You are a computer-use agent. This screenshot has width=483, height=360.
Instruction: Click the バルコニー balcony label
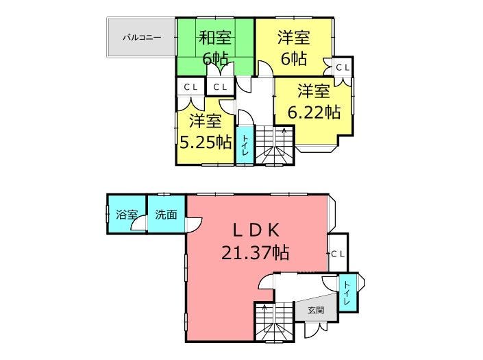pyautogui.click(x=142, y=38)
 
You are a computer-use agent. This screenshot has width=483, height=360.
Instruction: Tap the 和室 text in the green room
pyautogui.click(x=215, y=37)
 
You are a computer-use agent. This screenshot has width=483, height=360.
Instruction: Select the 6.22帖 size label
pyautogui.click(x=314, y=112)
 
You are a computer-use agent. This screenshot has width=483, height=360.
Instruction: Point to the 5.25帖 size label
pyautogui.click(x=206, y=142)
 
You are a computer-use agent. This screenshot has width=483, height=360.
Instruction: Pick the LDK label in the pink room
pyautogui.click(x=256, y=230)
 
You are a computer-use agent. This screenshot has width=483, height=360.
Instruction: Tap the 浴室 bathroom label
pyautogui.click(x=127, y=215)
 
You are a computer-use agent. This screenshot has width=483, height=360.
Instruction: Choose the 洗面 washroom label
pyautogui.click(x=166, y=215)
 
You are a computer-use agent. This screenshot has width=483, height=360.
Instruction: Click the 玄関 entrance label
pyautogui.click(x=316, y=310)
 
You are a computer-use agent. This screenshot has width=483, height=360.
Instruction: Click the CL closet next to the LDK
pyautogui.click(x=338, y=254)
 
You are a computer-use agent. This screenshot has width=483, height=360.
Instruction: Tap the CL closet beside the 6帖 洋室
pyautogui.click(x=343, y=67)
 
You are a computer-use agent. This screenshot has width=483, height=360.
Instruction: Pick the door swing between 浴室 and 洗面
pyautogui.click(x=138, y=223)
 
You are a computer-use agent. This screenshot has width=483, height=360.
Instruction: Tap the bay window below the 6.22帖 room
pyautogui.click(x=317, y=148)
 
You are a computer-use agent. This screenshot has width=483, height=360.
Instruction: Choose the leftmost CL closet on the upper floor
pyautogui.click(x=190, y=87)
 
